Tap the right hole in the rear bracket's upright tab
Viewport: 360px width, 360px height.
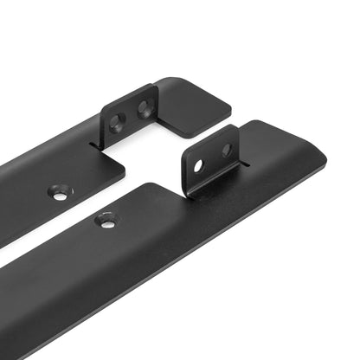(x=144, y=108)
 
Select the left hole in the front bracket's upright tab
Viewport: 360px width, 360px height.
(x=198, y=164)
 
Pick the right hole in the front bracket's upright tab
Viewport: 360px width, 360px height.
(x=226, y=150)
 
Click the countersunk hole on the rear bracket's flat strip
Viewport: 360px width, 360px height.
(x=60, y=193)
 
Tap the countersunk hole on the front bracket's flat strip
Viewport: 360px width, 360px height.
(x=106, y=222)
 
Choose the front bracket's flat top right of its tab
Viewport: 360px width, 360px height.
(x=277, y=147)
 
